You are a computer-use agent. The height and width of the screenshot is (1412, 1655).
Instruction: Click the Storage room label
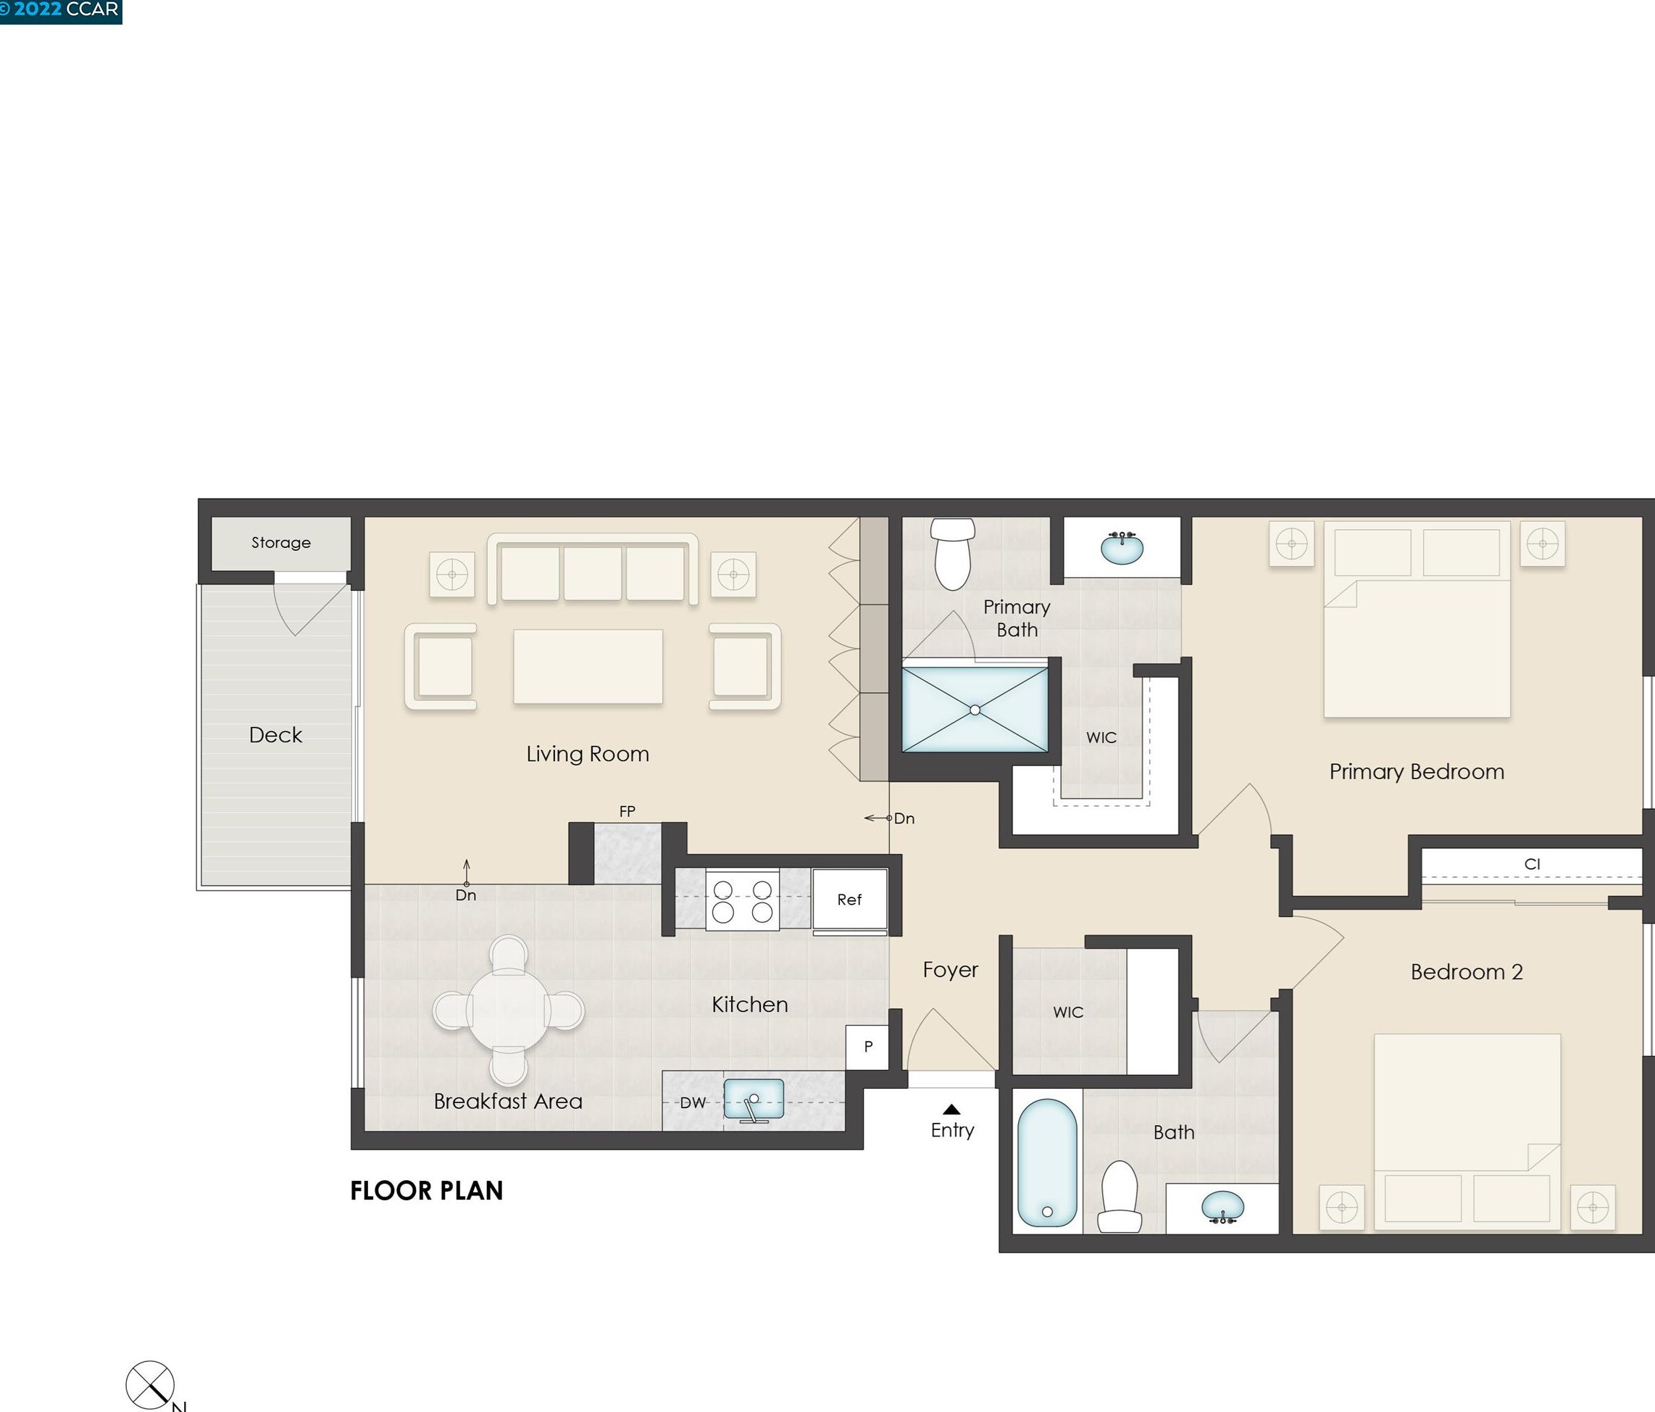pos(281,543)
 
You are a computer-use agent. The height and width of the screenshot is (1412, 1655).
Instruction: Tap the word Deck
pos(275,735)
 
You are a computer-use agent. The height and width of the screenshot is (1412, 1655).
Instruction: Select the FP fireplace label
pos(627,811)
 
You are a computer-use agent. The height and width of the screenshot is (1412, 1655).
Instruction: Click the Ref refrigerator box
pos(849,900)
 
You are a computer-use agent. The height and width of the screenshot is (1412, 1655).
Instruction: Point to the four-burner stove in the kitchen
pos(742,900)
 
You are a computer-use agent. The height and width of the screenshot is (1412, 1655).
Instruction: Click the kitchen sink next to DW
pos(753,1100)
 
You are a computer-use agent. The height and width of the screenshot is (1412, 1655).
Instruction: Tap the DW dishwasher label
pos(693,1102)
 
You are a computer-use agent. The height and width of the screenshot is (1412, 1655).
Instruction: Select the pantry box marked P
pos(867,1047)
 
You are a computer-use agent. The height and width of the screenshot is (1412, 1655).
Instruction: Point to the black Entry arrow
pos(951,1109)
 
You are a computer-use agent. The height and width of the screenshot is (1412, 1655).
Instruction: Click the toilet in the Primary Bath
pos(953,553)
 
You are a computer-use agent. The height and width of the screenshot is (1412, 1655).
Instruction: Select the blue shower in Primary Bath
pos(975,710)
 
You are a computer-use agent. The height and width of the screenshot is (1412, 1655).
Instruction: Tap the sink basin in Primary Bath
pos(1122,547)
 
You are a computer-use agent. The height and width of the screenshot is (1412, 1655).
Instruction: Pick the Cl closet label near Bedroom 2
pos(1532,864)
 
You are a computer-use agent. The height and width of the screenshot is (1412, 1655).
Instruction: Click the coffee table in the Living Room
pos(588,666)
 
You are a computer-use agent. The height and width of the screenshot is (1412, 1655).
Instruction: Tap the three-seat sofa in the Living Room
pos(593,569)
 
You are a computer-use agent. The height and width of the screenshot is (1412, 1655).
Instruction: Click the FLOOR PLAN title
pos(427,1191)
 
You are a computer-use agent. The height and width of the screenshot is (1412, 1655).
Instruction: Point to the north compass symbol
pos(150,1385)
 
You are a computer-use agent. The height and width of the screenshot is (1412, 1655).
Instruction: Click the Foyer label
pos(951,970)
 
